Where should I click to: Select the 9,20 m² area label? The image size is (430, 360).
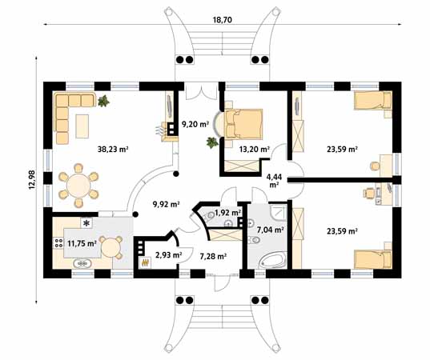pos(195,125)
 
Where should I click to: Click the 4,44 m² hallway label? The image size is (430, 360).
pos(274,180)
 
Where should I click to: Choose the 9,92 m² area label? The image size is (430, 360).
pos(166,205)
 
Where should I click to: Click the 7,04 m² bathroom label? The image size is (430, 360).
pos(269,230)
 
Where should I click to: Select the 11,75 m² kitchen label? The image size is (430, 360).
pos(81,243)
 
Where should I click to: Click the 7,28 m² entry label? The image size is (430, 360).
pos(212,256)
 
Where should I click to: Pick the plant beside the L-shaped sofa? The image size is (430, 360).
pos(104,100)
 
